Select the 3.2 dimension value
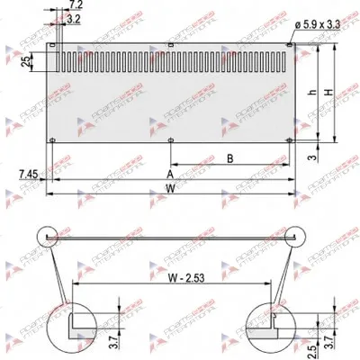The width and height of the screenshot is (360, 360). [75, 18]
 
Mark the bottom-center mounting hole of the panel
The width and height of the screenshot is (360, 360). [171, 139]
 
